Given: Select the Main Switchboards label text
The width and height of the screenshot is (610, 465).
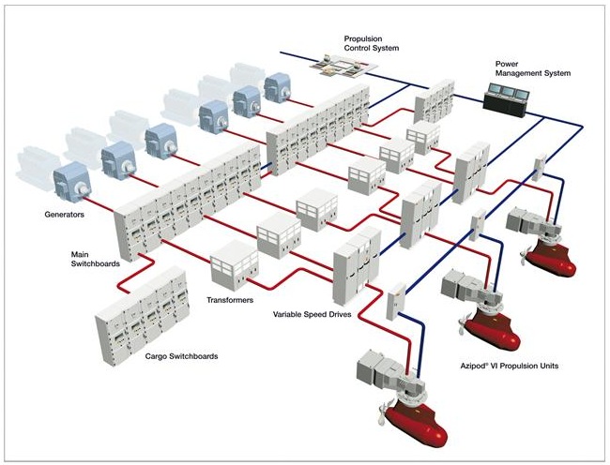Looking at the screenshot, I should point(96,259).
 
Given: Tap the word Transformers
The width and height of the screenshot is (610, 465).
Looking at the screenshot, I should point(229,302).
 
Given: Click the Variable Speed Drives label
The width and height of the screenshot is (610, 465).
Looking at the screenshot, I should point(312,316).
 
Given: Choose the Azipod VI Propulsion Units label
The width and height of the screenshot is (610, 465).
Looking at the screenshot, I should point(511,366).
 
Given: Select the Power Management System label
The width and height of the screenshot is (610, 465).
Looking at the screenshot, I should point(532,68).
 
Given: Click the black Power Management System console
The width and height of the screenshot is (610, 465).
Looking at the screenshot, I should point(505,97).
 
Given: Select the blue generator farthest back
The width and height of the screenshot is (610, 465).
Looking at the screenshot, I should point(278,89).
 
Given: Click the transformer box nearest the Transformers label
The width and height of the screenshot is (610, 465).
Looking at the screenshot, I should point(233,267).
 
